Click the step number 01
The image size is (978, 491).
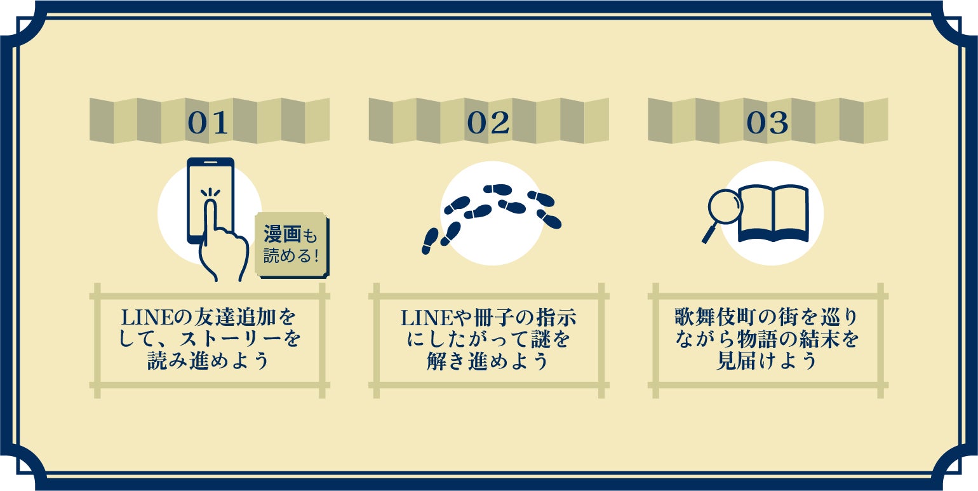coord(208,123)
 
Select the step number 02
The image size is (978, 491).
coord(488,123)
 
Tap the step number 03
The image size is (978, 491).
coord(767,123)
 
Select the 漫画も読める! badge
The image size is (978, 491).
coord(293,245)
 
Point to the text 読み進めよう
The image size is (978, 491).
coord(209,361)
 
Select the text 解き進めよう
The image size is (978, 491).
coord(488,361)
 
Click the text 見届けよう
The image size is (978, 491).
coord(767,361)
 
